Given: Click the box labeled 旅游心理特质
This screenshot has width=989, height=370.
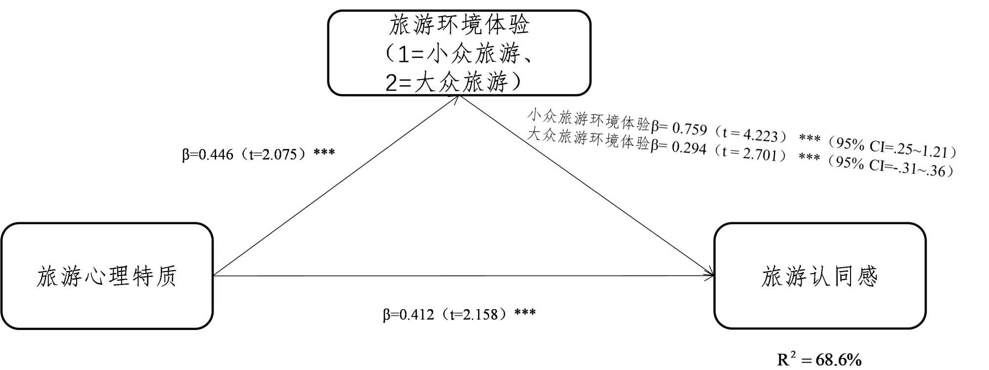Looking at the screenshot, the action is point(107,276).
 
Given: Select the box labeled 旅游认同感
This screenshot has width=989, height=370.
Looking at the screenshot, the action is point(819,276).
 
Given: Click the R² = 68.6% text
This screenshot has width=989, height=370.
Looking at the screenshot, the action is point(819,360).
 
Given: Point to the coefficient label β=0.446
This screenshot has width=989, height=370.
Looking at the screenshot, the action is point(208,155).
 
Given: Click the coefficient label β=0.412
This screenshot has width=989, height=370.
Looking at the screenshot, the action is point(408,315).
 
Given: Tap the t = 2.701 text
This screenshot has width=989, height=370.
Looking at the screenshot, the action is point(749,153).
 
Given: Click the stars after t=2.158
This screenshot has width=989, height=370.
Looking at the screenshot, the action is point(525,313).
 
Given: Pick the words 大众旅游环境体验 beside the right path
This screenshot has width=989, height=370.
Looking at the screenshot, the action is point(588,138).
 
